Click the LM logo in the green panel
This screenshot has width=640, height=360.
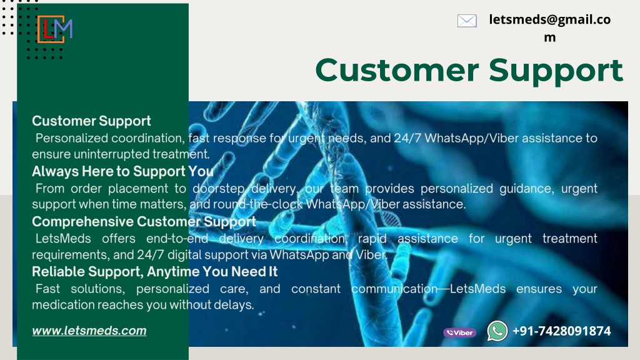coord(55,29)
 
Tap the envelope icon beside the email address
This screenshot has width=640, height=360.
coord(467,21)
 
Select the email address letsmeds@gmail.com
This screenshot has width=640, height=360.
coord(550,27)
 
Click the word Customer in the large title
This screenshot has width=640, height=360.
coord(397,70)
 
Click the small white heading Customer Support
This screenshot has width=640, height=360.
coord(91,121)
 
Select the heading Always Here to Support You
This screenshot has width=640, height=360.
coord(123,171)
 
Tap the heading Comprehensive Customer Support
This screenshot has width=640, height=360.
coord(144,222)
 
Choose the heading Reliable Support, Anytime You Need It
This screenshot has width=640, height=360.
coord(155,272)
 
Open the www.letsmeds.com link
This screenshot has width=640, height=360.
coord(89,331)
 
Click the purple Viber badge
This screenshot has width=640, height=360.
coord(459,332)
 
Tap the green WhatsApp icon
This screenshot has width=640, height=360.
coord(497,331)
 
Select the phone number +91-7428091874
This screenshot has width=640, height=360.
coord(562,331)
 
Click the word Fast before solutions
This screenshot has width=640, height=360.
coord(47,289)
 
